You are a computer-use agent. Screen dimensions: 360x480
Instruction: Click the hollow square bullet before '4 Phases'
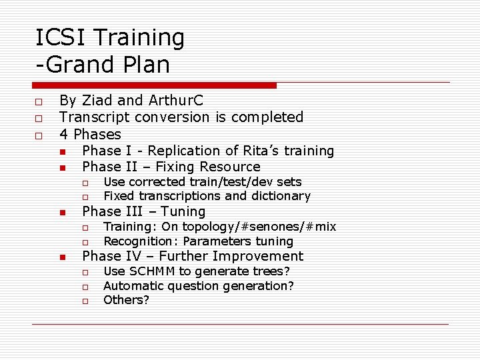coord(39,135)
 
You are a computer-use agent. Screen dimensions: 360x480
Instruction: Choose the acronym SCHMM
coord(151,271)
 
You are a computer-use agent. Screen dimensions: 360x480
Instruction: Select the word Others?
coord(126,300)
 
